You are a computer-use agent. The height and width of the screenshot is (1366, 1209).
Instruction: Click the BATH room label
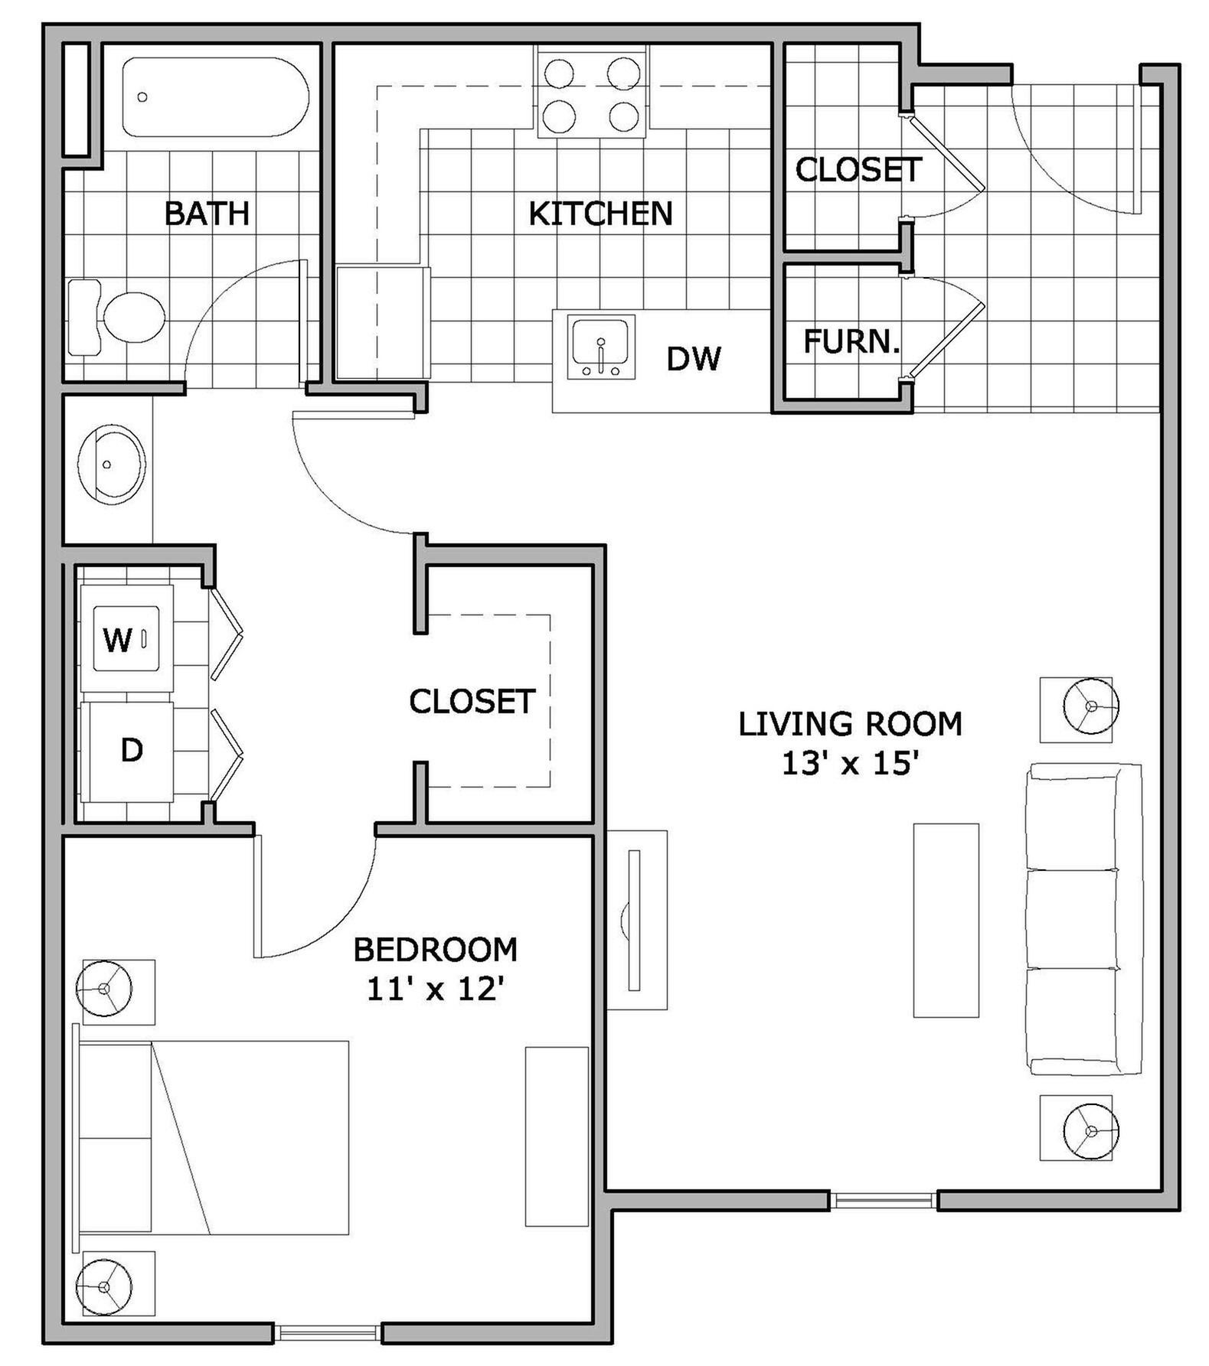click(x=207, y=214)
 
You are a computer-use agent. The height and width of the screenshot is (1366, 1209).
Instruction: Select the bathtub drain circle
click(x=142, y=97)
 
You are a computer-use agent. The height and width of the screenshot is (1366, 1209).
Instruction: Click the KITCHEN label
click(x=600, y=214)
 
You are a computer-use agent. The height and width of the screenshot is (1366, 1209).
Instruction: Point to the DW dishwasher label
click(x=694, y=359)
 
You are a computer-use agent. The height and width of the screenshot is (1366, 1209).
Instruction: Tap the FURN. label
click(x=851, y=342)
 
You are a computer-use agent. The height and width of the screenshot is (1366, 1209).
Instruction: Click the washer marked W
click(x=127, y=638)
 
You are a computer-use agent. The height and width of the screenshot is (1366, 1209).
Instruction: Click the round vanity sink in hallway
click(x=111, y=465)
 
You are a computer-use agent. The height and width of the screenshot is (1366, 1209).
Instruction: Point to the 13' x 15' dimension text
click(x=850, y=764)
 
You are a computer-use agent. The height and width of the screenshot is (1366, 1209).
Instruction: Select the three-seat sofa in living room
click(x=1083, y=918)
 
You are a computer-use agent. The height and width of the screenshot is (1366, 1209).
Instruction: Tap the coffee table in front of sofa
click(x=946, y=920)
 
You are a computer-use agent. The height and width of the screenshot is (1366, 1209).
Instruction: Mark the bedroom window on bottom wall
click(x=328, y=1333)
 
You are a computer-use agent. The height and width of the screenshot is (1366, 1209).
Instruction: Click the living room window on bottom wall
click(x=884, y=1200)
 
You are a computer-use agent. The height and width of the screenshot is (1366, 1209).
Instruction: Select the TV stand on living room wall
click(x=637, y=919)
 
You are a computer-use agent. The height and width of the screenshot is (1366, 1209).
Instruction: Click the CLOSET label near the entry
click(x=858, y=170)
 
